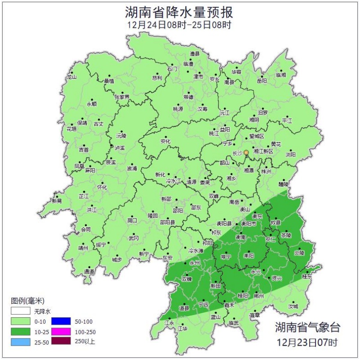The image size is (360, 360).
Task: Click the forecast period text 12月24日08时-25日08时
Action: tap(180, 25)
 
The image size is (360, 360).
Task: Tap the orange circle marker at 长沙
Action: tap(246, 153)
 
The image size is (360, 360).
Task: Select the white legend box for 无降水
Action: tap(21, 311)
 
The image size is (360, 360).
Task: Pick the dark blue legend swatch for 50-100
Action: tap(61, 321)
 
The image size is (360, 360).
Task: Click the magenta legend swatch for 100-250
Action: tap(61, 332)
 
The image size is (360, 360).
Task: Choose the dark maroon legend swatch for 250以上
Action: tap(61, 342)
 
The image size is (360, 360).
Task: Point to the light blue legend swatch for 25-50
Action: tap(21, 342)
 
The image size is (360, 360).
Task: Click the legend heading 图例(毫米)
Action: tap(27, 301)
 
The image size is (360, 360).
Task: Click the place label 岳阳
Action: tap(262, 81)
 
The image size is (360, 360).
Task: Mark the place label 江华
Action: tap(182, 329)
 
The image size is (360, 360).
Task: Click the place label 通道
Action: tap(89, 272)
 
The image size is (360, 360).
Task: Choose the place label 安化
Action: tap(165, 141)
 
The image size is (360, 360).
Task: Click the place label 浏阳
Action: tap(291, 154)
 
